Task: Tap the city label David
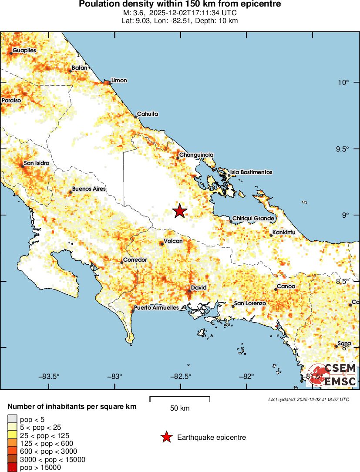pos(198,288)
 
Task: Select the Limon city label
pos(119,80)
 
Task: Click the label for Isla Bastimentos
pos(251,172)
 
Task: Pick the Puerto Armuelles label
pos(156,307)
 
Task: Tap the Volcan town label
pos(173,241)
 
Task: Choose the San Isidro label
pos(37,163)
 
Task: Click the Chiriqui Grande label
pos(253,218)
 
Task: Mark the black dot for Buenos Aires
pos(71,192)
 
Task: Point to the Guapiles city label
pos(24,51)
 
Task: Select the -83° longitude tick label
pos(114,376)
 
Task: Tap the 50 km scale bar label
pos(180,408)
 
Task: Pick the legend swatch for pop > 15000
pos(12,467)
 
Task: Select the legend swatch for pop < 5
pos(12,419)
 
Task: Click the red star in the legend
pos(166,437)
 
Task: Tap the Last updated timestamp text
pos(309,399)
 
